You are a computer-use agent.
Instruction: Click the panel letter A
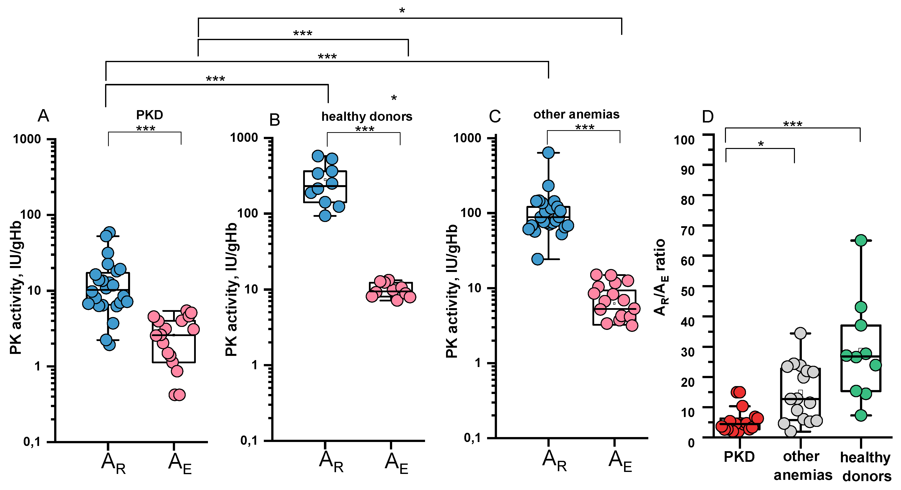pyautogui.click(x=43, y=116)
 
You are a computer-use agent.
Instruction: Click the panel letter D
pyautogui.click(x=708, y=117)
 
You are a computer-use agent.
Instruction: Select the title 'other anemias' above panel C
pyautogui.click(x=576, y=114)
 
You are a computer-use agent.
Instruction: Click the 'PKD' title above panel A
pyautogui.click(x=149, y=115)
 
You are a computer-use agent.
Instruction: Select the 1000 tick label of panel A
pyautogui.click(x=27, y=139)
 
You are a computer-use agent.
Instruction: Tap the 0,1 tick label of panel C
pyautogui.click(x=472, y=438)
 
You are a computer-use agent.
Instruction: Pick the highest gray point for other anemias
pyautogui.click(x=800, y=333)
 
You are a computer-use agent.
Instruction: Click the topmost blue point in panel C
pyautogui.click(x=548, y=153)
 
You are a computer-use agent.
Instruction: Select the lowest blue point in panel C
pyautogui.click(x=538, y=259)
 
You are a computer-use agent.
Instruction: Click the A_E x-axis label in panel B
pyautogui.click(x=396, y=463)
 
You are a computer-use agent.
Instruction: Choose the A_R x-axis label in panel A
pyautogui.click(x=113, y=463)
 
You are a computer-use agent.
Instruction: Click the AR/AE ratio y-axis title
pyautogui.click(x=660, y=277)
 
